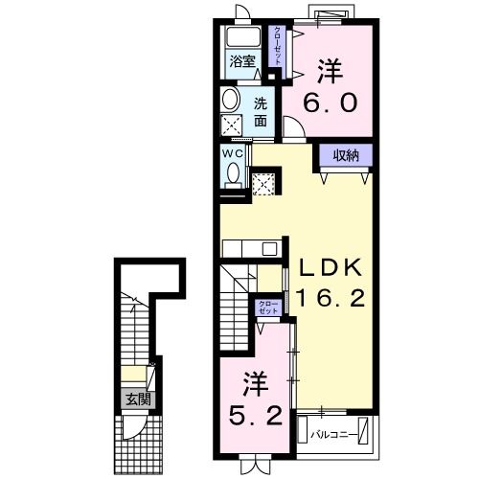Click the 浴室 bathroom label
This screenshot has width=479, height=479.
pyautogui.click(x=241, y=63)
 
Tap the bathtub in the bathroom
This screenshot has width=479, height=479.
pyautogui.click(x=242, y=39)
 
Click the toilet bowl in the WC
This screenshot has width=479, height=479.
pyautogui.click(x=232, y=173)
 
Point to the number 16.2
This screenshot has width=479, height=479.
pyautogui.click(x=330, y=299)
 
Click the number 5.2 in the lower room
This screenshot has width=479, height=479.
pyautogui.click(x=253, y=419)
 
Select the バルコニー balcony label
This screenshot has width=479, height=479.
pyautogui.click(x=334, y=435)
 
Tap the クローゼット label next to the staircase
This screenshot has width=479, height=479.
pyautogui.click(x=267, y=307)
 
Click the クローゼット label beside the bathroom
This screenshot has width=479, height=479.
pyautogui.click(x=278, y=44)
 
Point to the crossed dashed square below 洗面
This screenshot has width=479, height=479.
pyautogui.click(x=232, y=125)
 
